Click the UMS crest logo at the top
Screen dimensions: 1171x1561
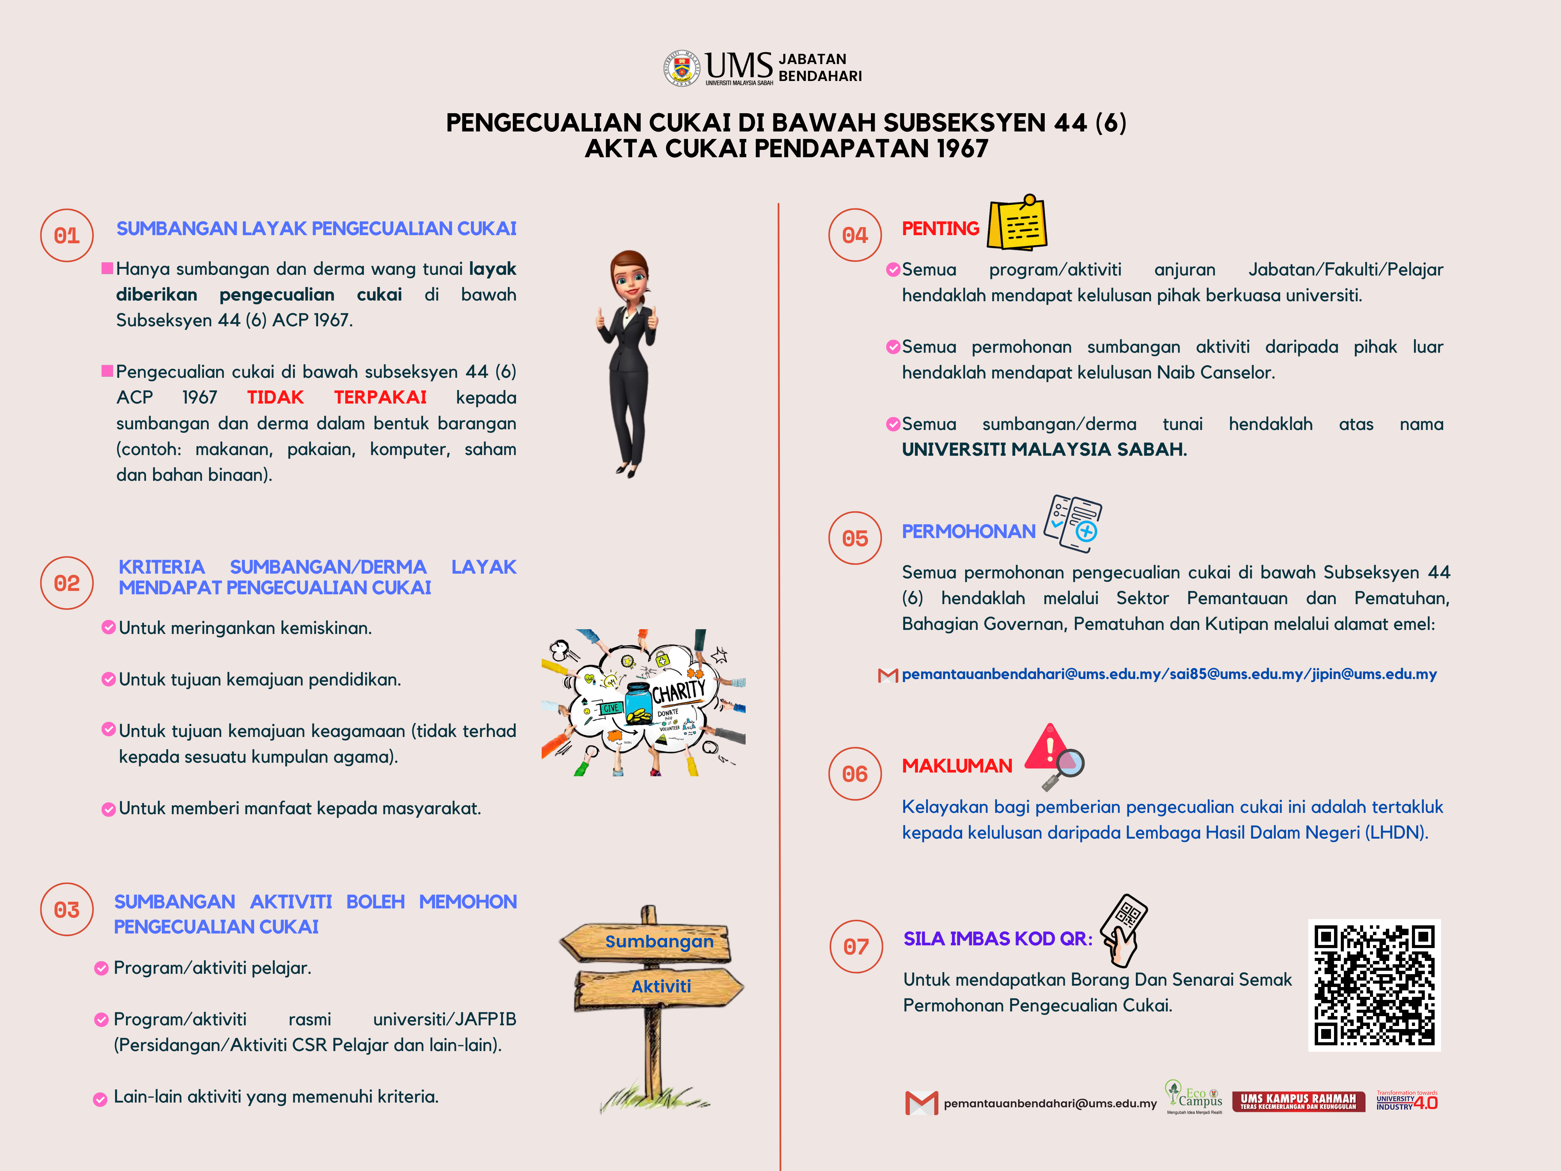(681, 68)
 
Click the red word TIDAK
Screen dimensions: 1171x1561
(275, 397)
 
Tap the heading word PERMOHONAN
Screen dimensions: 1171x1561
(968, 532)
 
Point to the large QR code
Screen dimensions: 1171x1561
(1374, 985)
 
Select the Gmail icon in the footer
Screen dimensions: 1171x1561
(921, 1103)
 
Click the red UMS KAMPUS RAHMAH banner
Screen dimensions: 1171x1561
(1298, 1101)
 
